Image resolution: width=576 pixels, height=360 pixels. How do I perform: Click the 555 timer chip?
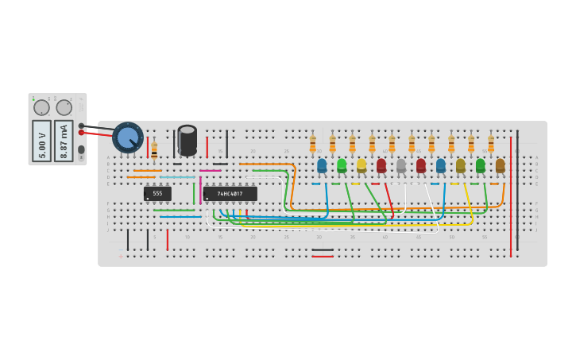(157, 193)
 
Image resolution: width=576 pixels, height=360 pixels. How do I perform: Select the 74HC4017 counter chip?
(230, 193)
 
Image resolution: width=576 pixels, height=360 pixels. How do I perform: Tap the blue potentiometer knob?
(127, 137)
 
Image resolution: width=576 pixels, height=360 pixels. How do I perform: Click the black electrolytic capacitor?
(187, 140)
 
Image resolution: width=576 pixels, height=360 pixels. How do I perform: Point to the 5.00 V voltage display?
(41, 141)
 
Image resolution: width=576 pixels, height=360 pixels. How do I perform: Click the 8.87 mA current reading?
(64, 141)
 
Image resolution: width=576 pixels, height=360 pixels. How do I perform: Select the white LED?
(401, 165)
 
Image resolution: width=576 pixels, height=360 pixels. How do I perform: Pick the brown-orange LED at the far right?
(500, 165)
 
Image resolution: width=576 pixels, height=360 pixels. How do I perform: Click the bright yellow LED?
(361, 165)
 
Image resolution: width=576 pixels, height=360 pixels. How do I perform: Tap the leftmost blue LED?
(322, 165)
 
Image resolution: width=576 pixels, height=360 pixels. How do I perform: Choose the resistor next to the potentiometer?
(154, 149)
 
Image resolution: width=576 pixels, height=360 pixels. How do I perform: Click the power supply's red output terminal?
(81, 133)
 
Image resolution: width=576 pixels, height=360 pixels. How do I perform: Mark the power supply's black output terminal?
(81, 126)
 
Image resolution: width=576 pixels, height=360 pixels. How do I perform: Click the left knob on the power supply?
(41, 107)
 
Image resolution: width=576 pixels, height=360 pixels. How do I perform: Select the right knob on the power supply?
(64, 107)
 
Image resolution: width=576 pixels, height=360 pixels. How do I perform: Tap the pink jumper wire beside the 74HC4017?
(210, 170)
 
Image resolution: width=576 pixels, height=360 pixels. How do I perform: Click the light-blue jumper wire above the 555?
(176, 176)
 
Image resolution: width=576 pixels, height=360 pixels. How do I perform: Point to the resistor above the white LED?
(392, 143)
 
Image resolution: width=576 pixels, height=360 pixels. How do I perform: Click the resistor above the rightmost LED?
(491, 143)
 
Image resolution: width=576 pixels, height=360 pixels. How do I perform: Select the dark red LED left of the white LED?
(381, 165)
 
